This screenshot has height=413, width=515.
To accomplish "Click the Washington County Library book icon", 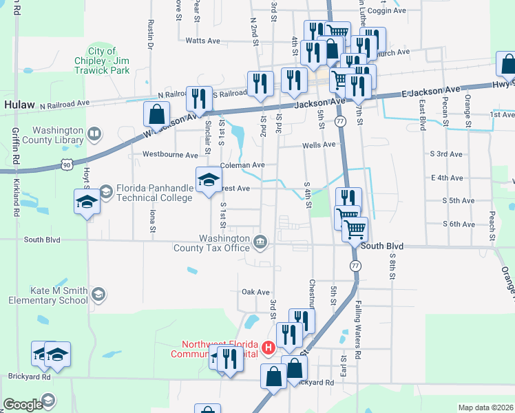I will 94,133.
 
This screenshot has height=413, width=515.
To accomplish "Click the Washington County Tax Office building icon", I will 261,241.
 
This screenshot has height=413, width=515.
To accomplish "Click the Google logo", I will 23,405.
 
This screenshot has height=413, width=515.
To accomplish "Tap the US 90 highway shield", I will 66,165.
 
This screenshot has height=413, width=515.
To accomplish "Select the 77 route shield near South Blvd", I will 355,266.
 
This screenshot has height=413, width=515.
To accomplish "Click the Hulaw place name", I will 19,105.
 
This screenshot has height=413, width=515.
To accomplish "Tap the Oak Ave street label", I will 255,292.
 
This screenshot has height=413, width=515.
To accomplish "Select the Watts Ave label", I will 202,41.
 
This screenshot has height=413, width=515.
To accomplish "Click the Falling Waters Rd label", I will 358,330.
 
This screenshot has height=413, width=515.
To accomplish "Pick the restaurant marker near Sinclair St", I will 199,98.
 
